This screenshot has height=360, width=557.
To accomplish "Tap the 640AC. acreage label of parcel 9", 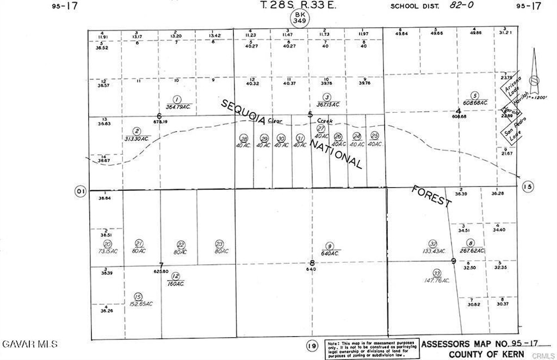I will pos(329,253).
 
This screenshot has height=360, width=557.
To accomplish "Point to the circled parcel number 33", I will pos(436,272).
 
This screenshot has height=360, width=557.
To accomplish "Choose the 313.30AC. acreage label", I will pos(137,138).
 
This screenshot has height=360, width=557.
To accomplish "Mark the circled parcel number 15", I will pos(137,296).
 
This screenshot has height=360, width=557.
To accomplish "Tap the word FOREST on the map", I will pos(432,195).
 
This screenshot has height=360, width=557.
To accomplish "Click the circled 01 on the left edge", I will pos(80,191).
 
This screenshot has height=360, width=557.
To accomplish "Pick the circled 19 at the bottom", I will pos(311,346).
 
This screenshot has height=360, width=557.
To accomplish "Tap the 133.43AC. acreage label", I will pos(432,251).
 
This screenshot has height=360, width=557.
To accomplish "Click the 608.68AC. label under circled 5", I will pos(475,103).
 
